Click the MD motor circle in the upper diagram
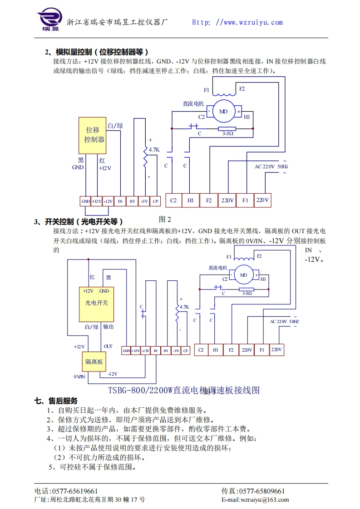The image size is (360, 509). pos(223,111)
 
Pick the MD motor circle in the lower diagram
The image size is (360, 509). pos(243,275)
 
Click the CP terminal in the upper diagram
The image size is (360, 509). pos(155,201)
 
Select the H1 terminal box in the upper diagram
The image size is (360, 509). pos(191,200)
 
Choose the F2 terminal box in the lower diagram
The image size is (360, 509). pos(231,350)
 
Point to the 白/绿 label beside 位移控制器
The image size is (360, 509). pos(115,126)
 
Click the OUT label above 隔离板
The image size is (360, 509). pos(108,346)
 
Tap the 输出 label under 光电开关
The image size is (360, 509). pos(108,326)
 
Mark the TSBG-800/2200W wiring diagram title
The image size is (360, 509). pos(184,390)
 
